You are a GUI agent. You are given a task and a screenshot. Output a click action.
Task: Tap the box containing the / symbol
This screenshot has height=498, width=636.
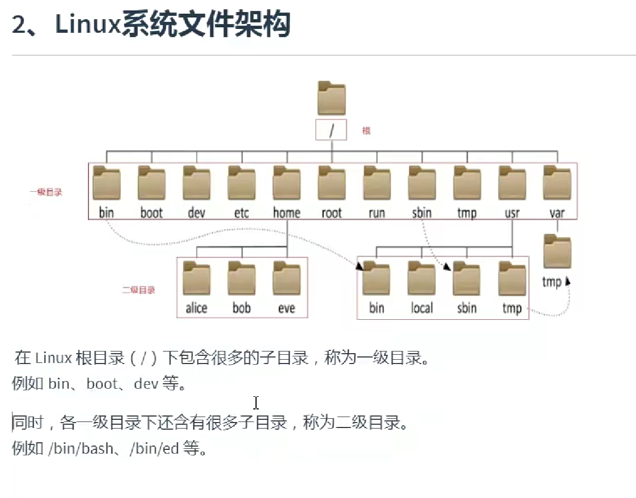click(x=331, y=130)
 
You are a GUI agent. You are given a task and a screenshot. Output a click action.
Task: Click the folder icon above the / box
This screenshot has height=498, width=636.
click(x=331, y=99)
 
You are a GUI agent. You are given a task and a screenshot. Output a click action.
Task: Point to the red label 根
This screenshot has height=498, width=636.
click(x=366, y=131)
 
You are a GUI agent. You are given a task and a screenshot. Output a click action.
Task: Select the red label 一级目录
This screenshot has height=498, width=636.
click(x=46, y=192)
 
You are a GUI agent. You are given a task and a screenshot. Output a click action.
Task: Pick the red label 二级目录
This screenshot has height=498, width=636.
click(x=138, y=290)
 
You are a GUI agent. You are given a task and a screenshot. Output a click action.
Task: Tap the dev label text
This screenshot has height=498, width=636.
click(x=196, y=213)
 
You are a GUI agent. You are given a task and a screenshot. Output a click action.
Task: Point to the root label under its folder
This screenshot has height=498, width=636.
click(x=331, y=213)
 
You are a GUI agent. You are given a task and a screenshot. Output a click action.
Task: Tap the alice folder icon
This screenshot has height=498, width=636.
click(x=197, y=279)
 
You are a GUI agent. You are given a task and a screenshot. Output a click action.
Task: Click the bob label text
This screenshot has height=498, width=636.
click(x=241, y=308)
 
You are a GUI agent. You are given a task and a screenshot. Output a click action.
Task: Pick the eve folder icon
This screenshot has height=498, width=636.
click(x=287, y=279)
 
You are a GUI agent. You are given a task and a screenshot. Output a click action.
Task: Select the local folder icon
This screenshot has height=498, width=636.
click(x=421, y=279)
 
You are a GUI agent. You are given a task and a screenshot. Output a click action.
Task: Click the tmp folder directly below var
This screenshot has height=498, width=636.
click(x=557, y=252)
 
